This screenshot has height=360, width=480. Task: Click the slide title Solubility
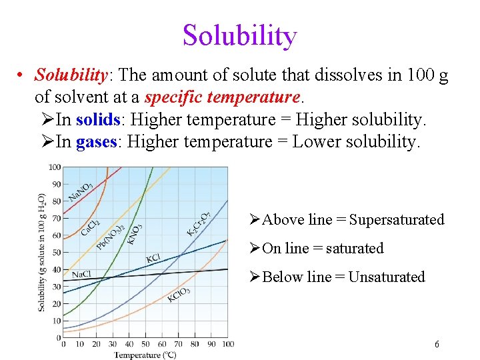239,35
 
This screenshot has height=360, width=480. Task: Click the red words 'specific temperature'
222,97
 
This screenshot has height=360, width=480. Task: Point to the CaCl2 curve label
91,228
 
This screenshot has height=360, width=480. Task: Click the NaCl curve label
81,275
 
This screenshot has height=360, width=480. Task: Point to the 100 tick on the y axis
55,167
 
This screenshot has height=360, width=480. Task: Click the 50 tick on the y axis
56,253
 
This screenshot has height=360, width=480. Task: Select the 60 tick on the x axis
162,344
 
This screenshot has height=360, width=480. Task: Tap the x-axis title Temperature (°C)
145,354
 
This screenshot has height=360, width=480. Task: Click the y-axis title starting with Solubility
43,252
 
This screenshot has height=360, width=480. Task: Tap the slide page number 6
437,345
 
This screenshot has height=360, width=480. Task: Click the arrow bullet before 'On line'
254,249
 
